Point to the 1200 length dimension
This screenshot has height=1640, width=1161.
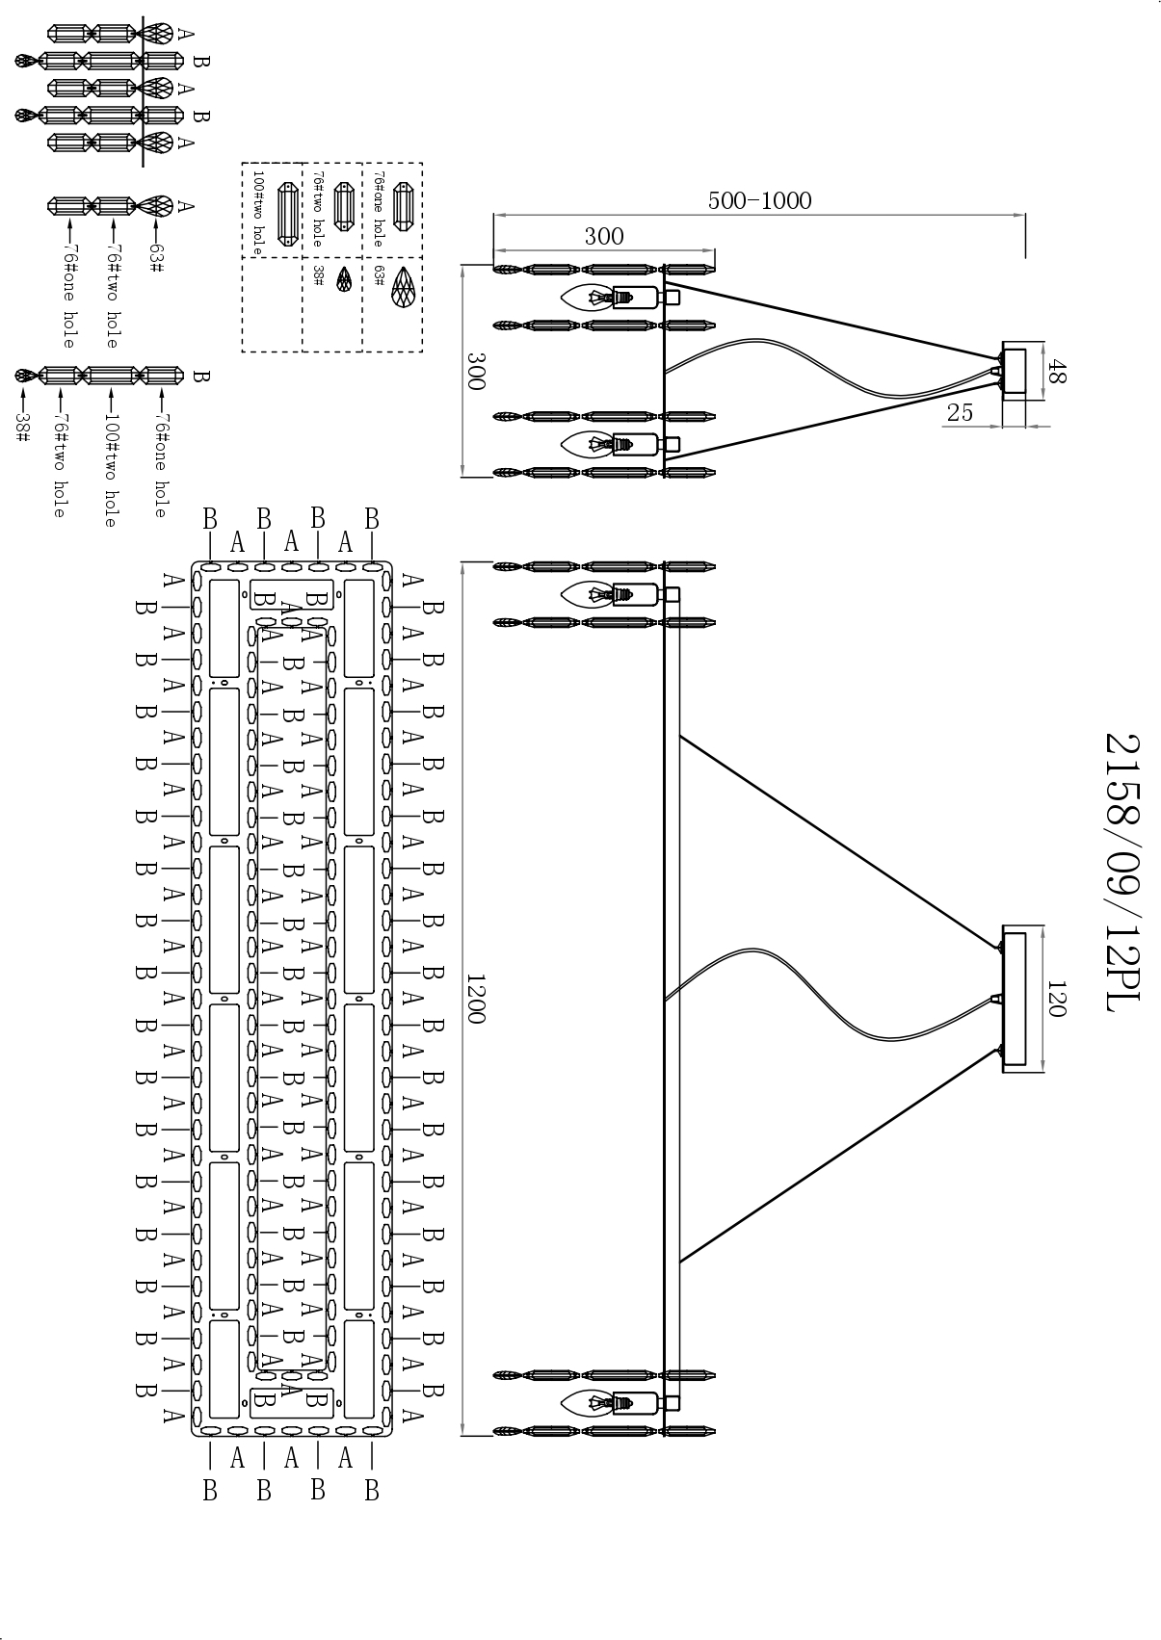coord(476,998)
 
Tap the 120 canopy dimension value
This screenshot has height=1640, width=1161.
coord(1056,999)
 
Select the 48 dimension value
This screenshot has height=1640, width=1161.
coord(1057,372)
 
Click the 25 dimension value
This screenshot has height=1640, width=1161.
coord(960,412)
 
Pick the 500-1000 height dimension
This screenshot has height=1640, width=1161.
coord(759,200)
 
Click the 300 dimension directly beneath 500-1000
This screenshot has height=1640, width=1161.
coord(604,236)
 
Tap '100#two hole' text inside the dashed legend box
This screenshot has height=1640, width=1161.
coord(257,212)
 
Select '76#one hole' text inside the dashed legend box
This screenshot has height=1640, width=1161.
coord(379,210)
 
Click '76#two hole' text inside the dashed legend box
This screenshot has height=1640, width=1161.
coord(318,210)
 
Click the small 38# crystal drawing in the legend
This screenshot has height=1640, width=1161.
coord(343,280)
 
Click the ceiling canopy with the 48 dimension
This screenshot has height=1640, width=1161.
coord(1014,372)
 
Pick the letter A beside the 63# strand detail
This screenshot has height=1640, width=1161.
coord(187,205)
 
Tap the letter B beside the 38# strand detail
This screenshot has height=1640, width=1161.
coord(200,376)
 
